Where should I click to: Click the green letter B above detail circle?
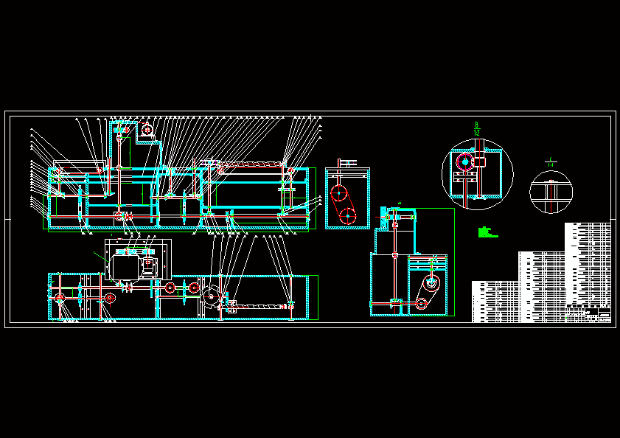pyautogui.click(x=477, y=125)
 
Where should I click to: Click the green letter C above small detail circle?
pyautogui.click(x=550, y=159)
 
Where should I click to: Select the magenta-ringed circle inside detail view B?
pyautogui.click(x=465, y=161)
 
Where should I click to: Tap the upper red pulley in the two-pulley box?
pyautogui.click(x=338, y=194)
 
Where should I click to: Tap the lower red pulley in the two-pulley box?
pyautogui.click(x=347, y=216)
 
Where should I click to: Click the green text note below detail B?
pyautogui.click(x=486, y=232)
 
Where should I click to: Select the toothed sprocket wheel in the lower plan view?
pyautogui.click(x=212, y=296)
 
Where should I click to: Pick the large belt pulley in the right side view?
pyautogui.click(x=431, y=285)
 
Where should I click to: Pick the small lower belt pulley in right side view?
pyautogui.click(x=421, y=303)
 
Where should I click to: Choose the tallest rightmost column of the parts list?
pyautogui.click(x=588, y=265)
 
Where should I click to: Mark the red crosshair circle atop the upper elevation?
pyautogui.click(x=147, y=130)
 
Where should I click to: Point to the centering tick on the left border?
pyautogui.click(x=7, y=219)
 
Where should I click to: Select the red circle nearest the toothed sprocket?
pyautogui.click(x=194, y=288)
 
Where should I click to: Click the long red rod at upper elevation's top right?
pyautogui.click(x=251, y=163)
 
